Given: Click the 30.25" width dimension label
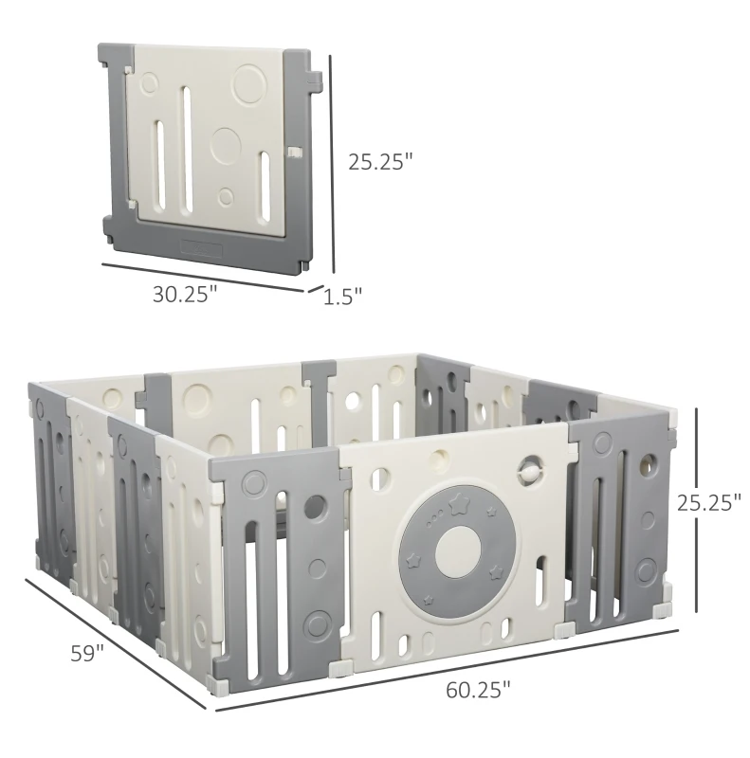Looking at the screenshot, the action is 185,295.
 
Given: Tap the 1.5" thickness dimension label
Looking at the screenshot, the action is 342,298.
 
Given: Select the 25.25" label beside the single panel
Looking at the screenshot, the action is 381,162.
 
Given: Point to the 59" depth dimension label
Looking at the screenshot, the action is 87,654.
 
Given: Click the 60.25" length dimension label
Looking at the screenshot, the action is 478,690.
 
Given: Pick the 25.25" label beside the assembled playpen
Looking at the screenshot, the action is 709,503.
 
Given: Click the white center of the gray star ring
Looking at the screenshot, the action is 458,551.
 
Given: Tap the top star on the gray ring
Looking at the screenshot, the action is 457,504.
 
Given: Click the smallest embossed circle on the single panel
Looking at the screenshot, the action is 226,196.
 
